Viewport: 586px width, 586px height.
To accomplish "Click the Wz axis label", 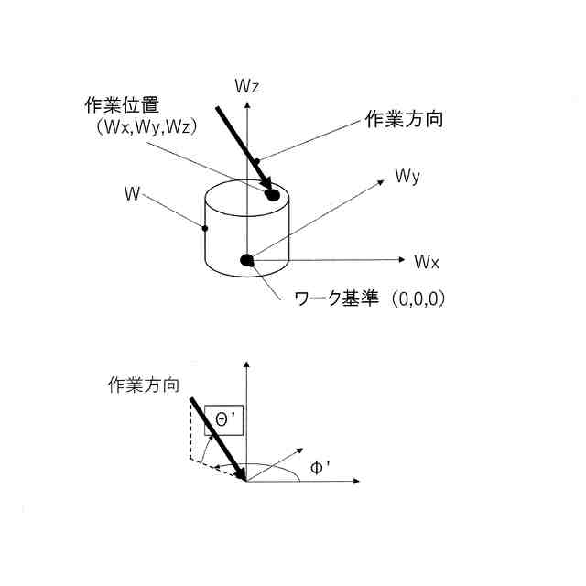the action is (248, 87).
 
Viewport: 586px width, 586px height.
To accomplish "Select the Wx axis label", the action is (427, 262).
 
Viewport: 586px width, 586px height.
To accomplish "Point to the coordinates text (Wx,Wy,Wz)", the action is (146, 127).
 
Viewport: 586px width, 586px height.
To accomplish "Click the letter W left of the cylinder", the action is (133, 193).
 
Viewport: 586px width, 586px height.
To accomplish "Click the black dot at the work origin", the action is (246, 260).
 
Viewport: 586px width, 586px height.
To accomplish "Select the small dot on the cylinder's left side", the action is (205, 228).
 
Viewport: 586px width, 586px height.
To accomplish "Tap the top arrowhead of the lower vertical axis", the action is (246, 365).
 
